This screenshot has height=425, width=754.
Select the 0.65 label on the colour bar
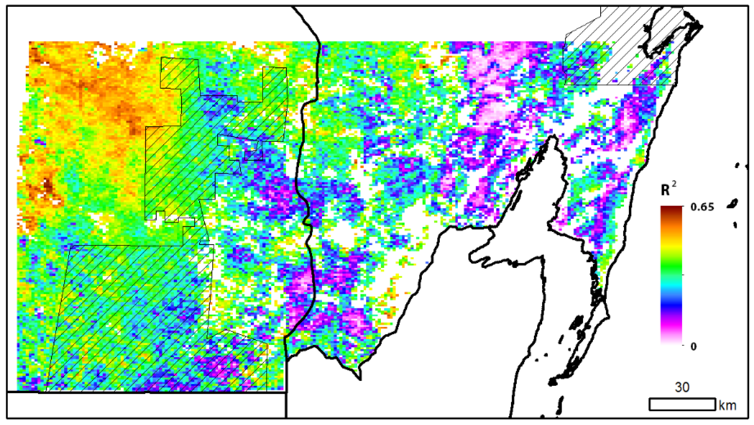pos(702,207)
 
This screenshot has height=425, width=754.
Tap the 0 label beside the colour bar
pos(693,347)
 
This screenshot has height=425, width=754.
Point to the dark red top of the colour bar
pos(671,209)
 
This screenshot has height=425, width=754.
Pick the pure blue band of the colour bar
pos(671,305)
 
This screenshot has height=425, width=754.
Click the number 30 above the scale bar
pos(682,387)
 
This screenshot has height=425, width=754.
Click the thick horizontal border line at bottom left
pos(146,392)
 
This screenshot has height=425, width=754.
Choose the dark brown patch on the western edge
pos(47,185)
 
